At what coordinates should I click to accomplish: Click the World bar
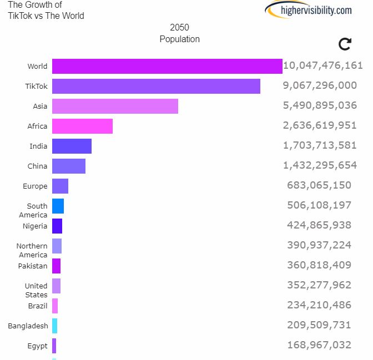coord(167,66)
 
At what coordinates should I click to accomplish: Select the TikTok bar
coord(156,86)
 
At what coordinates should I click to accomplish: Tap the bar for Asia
coord(115,106)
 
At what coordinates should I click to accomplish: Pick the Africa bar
coord(82,126)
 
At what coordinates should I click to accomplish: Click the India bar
coord(72,146)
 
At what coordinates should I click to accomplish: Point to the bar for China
coord(69,166)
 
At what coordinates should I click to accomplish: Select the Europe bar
coord(60,186)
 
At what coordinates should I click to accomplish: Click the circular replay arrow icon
coord(345,44)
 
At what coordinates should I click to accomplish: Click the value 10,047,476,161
coord(322,65)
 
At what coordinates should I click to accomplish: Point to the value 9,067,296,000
coord(320,85)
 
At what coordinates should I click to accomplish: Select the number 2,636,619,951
coord(320,125)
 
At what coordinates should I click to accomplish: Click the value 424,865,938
coord(319,225)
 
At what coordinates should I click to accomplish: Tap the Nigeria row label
coord(35,226)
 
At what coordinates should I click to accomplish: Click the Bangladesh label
coord(28,326)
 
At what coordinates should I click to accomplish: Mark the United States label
coord(36,290)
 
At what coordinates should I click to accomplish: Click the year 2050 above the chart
coord(179,28)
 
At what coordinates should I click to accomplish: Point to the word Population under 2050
coord(179,39)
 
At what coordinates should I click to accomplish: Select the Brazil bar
coord(55,306)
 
